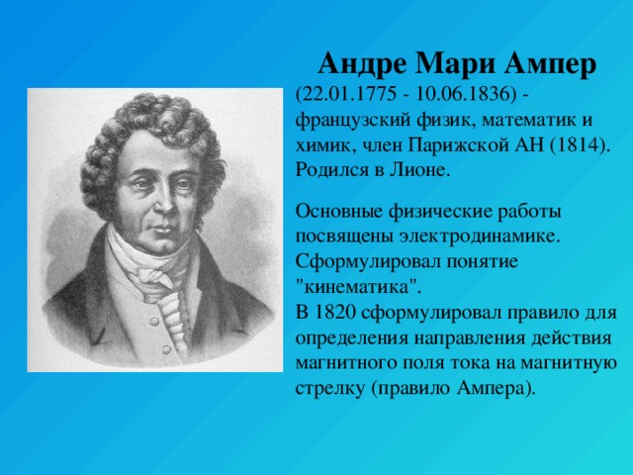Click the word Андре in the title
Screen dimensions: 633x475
coord(362,63)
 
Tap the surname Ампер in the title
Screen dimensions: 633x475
coord(550,63)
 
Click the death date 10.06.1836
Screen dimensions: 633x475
coord(462,95)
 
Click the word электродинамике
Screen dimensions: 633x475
coord(480,237)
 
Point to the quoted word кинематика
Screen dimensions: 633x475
coord(356,287)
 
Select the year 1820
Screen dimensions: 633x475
coord(334,313)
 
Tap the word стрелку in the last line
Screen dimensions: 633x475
coord(329,389)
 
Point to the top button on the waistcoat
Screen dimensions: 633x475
coord(154,321)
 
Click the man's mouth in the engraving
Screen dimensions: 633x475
coord(161,230)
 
